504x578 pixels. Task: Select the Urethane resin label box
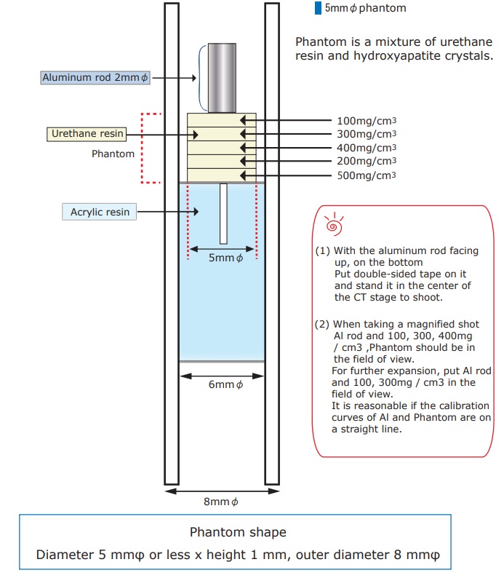[x=87, y=134]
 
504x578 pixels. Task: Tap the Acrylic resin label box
[x=100, y=213]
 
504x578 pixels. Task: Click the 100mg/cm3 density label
[x=367, y=121]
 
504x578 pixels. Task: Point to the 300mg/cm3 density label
[x=367, y=134]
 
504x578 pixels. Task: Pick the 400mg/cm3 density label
[x=367, y=148]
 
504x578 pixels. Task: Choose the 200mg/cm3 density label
[x=367, y=161]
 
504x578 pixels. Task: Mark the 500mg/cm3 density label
[x=367, y=175]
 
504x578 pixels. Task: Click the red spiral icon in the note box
[x=334, y=223]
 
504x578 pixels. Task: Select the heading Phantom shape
[x=238, y=532]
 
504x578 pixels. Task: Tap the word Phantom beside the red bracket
[x=113, y=154]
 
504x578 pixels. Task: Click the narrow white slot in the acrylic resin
[x=223, y=213]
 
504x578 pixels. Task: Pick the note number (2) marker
[x=323, y=324]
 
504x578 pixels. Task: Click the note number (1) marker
[x=323, y=250]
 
